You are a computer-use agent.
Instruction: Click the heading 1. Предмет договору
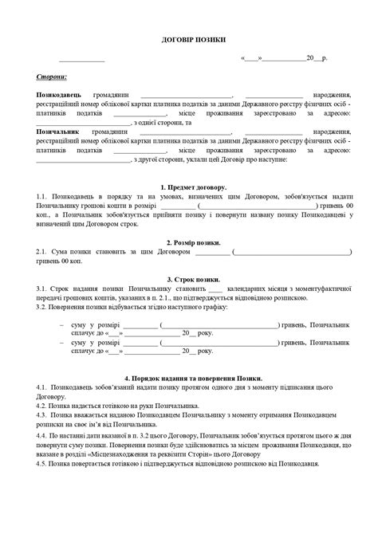188,187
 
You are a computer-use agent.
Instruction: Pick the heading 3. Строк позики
188,279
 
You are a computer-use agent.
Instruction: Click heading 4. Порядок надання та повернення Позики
188,377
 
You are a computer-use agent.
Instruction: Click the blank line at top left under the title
81,59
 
